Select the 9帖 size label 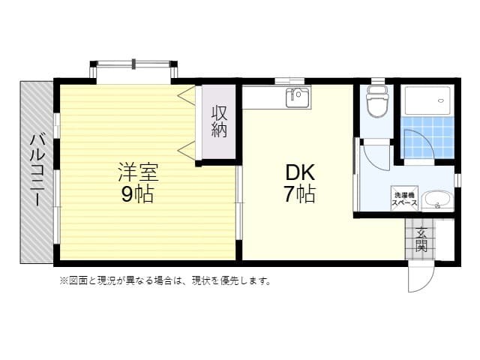coord(137,194)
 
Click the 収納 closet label coord(218,121)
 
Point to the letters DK coord(298,172)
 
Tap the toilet coord(376,103)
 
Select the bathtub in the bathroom coord(427,100)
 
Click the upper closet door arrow coord(185,95)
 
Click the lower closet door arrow coord(185,146)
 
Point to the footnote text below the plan coord(165,281)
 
